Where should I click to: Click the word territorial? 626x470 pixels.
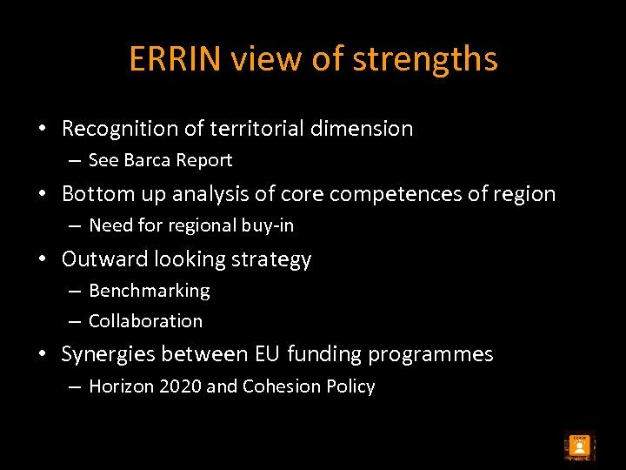tap(238, 129)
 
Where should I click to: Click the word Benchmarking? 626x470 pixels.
tap(150, 291)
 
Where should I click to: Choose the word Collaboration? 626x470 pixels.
tap(145, 321)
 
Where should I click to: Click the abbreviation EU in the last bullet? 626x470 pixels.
tap(268, 354)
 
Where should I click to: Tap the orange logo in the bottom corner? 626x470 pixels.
tap(578, 446)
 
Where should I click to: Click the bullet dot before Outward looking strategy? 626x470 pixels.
tap(42, 259)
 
